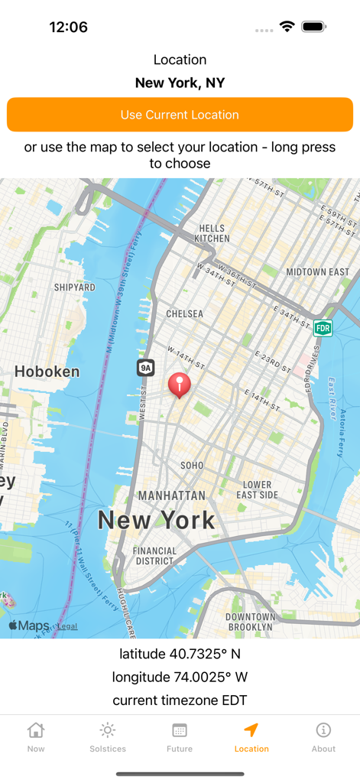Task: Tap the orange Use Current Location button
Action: point(180,115)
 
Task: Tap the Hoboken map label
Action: point(47,372)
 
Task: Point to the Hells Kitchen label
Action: point(212,233)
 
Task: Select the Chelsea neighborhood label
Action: point(185,314)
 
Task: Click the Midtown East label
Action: point(317,271)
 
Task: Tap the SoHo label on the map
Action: point(192,465)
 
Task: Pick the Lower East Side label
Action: point(257,489)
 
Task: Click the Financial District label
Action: point(154,556)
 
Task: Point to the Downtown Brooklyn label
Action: point(250,622)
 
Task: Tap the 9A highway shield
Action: point(145,368)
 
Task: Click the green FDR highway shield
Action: point(323,328)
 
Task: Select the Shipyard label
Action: point(74,288)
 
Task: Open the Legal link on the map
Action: point(67,626)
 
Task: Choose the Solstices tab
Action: point(108,737)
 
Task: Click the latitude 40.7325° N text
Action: point(180,654)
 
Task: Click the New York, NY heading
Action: point(180,83)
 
